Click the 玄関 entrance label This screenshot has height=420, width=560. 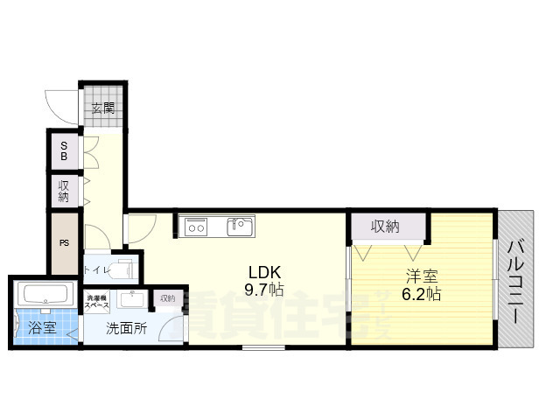click(x=102, y=108)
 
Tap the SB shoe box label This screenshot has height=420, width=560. click(x=63, y=152)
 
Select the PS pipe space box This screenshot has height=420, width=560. click(x=64, y=243)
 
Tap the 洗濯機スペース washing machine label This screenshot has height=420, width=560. click(x=97, y=302)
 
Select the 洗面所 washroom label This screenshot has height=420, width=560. click(x=126, y=330)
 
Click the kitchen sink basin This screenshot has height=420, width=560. click(x=240, y=227)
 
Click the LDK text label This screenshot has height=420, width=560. click(x=263, y=270)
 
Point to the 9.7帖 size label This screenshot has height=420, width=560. click(x=263, y=290)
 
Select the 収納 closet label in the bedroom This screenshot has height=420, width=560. click(x=385, y=227)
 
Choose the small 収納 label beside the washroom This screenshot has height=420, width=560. click(x=166, y=299)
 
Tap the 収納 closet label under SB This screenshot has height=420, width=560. click(x=64, y=191)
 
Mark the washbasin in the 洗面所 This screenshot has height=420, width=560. click(x=132, y=299)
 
